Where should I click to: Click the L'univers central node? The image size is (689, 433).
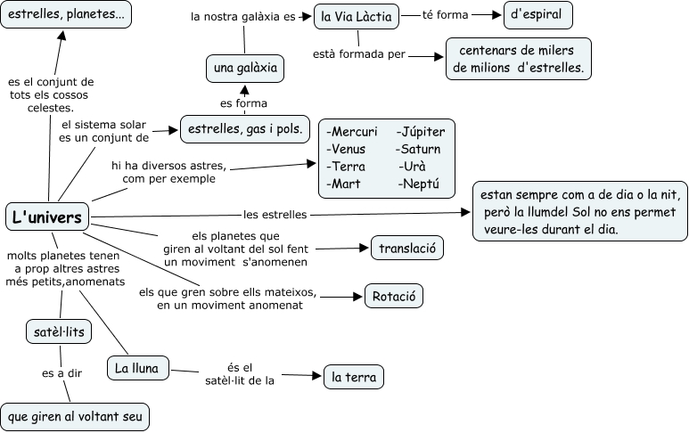[x=47, y=216]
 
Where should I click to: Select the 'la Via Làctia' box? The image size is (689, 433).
[x=356, y=15]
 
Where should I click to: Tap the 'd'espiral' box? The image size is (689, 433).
[x=537, y=15]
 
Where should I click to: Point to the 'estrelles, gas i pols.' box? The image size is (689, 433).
[x=244, y=129]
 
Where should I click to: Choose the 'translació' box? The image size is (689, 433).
[x=406, y=249]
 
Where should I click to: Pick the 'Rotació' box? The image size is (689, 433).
[x=393, y=296]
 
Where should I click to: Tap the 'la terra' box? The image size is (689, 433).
[x=353, y=377]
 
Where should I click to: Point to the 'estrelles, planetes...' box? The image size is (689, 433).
[x=67, y=15]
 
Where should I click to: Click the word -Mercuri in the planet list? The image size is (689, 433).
[x=352, y=132]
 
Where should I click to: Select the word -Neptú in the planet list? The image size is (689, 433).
[x=420, y=184]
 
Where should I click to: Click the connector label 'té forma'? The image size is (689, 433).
[x=446, y=15]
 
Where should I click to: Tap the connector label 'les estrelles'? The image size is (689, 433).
[x=275, y=214]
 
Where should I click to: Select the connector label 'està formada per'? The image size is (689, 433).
[x=360, y=54]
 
